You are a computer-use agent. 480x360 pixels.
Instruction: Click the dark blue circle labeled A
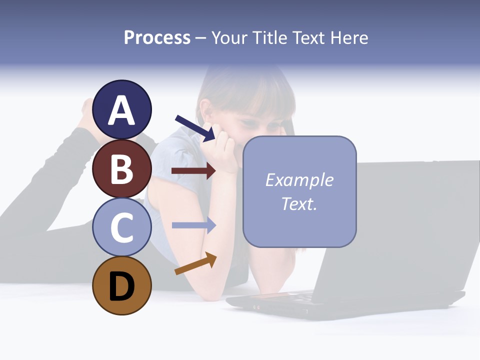(121, 109)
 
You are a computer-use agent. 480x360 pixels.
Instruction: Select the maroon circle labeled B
(121, 168)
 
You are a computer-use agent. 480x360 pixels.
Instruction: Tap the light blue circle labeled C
(121, 227)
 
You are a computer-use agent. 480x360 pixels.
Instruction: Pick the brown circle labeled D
(121, 285)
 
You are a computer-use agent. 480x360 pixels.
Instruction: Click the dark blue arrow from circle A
(195, 128)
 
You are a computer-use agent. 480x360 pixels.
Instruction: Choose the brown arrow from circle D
(195, 263)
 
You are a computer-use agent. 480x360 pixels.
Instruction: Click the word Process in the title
(157, 37)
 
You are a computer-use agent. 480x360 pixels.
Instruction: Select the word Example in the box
(299, 180)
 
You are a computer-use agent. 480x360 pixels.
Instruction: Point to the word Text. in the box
(299, 203)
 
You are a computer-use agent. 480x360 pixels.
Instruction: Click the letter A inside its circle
(121, 110)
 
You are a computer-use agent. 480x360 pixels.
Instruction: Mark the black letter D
(121, 286)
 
